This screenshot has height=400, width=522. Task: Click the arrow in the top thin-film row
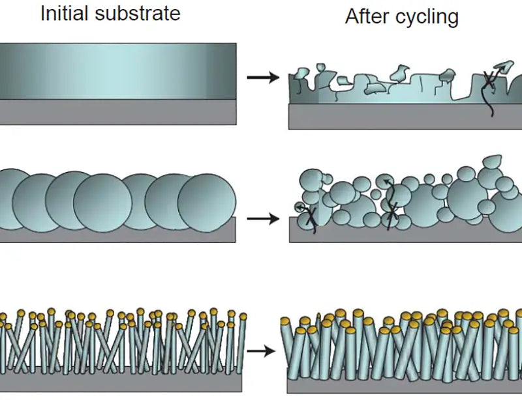point(262,78)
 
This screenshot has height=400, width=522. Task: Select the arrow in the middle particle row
point(262,218)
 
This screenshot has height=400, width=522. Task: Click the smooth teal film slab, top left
point(117,71)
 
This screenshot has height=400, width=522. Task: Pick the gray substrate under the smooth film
point(117,112)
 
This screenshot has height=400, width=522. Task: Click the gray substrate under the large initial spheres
point(117,234)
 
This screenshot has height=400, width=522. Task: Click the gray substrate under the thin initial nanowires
point(117,379)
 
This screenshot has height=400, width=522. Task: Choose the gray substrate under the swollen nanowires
point(405,384)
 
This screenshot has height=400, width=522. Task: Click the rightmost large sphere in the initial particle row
point(206,202)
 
